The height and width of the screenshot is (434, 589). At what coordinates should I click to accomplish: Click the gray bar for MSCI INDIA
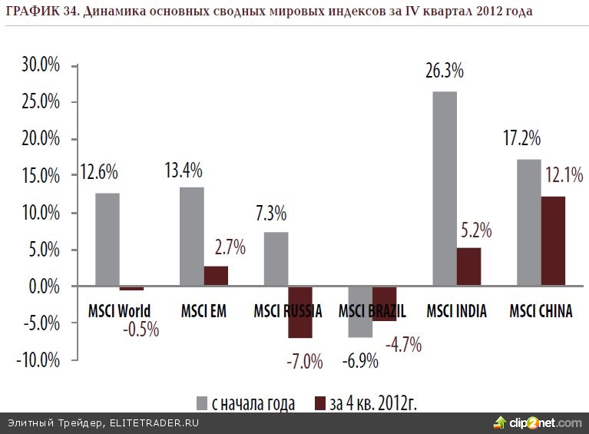(x=445, y=189)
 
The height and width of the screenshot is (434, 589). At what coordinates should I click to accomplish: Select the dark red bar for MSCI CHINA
(x=553, y=241)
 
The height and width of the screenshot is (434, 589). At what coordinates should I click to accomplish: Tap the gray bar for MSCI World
(x=108, y=240)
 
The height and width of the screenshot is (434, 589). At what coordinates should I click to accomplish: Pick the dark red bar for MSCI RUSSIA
(x=299, y=312)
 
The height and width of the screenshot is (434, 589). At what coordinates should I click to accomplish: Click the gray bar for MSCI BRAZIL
(x=360, y=312)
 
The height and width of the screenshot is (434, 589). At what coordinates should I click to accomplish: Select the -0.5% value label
(x=141, y=330)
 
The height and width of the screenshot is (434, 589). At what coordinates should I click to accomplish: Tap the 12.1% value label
(x=562, y=176)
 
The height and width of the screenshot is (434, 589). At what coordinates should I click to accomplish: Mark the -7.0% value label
(x=304, y=359)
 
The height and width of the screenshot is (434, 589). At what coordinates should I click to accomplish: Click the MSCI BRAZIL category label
(x=372, y=310)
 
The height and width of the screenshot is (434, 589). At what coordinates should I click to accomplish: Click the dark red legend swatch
(x=320, y=403)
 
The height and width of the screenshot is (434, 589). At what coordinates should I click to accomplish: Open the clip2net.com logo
(x=537, y=422)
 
